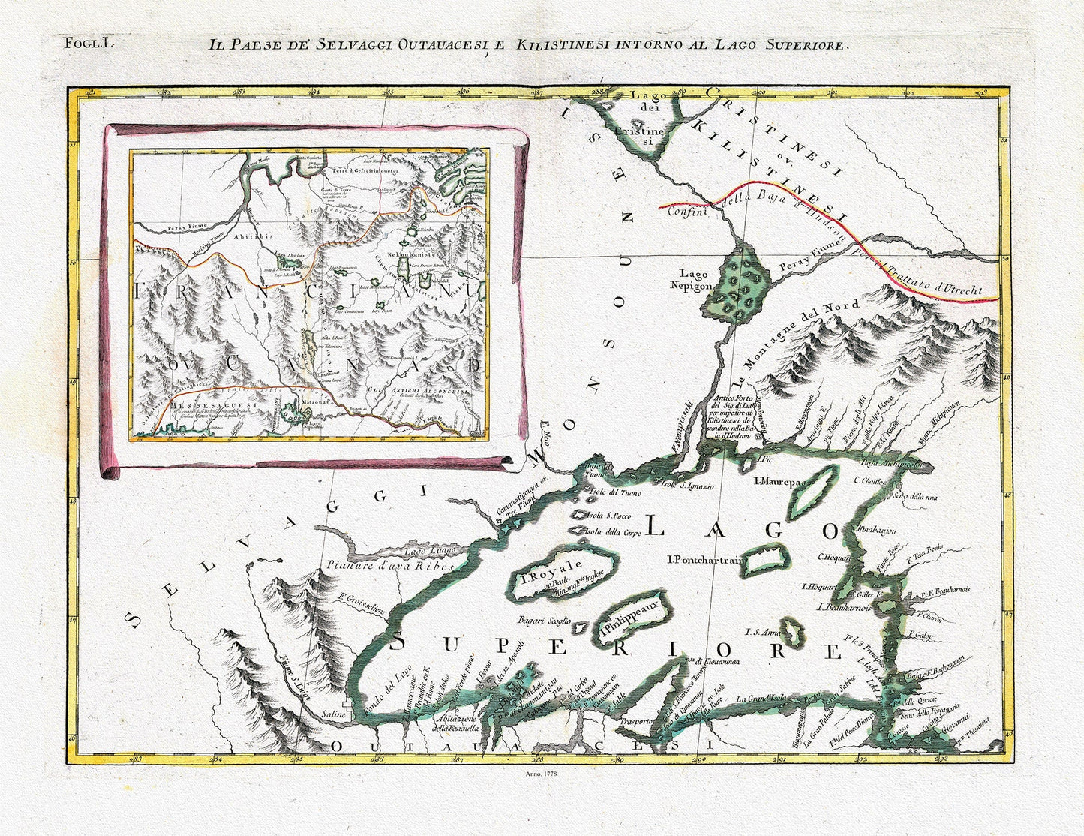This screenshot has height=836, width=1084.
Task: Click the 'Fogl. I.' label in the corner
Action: pyautogui.click(x=88, y=43)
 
